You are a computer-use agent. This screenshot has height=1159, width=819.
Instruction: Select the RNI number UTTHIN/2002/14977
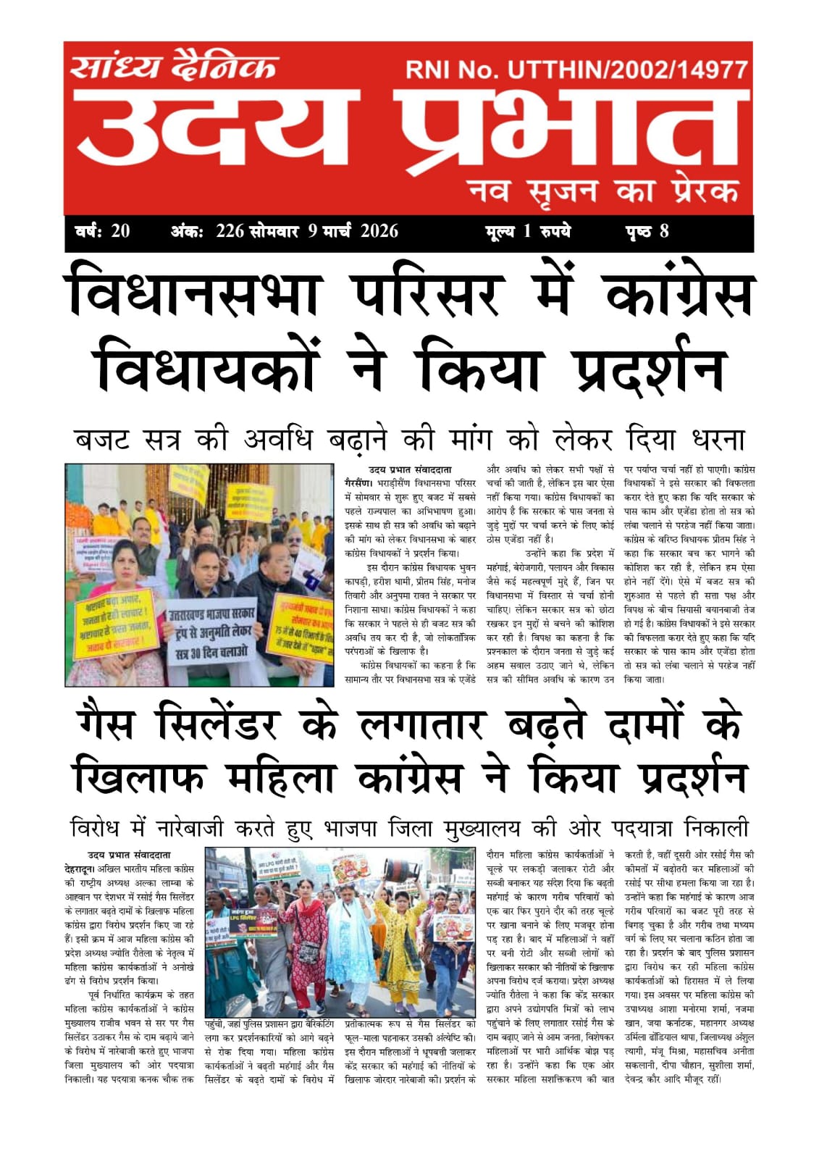627,70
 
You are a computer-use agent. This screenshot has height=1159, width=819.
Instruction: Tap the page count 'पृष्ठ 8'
647,231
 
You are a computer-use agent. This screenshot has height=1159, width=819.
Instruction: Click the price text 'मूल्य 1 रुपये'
528,231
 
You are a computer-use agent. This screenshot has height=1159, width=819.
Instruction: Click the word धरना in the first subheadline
708,439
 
